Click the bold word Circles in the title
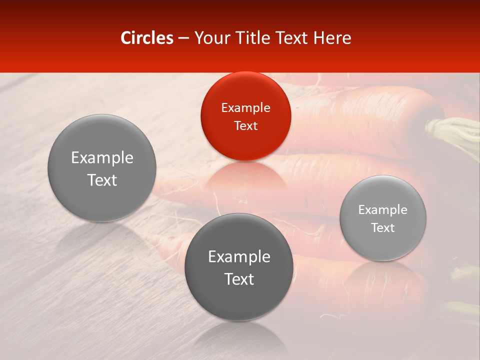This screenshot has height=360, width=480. tap(147, 38)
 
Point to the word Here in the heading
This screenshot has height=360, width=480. tap(333, 38)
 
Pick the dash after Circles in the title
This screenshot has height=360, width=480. tap(183, 38)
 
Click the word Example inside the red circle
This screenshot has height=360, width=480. tap(245, 108)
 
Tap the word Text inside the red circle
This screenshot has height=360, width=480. tap(245, 125)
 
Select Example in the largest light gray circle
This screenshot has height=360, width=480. tap(102, 158)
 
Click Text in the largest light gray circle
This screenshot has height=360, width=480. tap(102, 180)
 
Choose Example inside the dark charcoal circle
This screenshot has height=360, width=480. tap(239, 257)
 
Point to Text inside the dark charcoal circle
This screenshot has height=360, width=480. tap(239, 279)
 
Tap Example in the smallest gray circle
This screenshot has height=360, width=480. tap(382, 210)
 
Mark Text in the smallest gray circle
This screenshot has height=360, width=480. tap(382, 227)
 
